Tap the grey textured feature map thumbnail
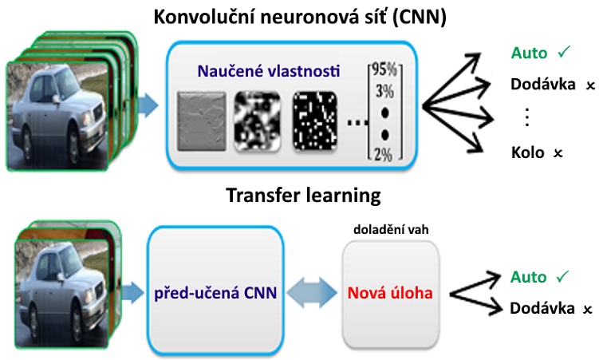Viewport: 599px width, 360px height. (200, 122)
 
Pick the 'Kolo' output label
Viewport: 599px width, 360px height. (528, 151)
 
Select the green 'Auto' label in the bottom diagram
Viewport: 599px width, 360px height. (529, 277)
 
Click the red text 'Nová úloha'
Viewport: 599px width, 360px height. (390, 293)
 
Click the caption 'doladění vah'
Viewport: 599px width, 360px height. (389, 230)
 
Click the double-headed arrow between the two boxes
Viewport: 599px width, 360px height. (312, 292)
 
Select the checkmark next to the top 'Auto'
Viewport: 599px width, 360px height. (564, 53)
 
